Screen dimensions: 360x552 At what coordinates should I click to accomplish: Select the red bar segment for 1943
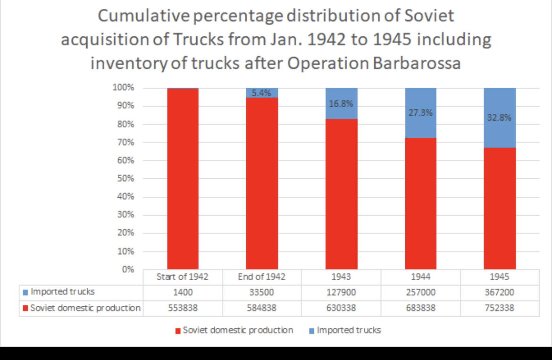[x=341, y=193]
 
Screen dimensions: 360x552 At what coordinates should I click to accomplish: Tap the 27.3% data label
[x=420, y=113]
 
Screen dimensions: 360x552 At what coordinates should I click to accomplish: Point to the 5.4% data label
[x=261, y=93]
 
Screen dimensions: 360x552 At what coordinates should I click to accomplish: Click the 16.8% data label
[x=341, y=104]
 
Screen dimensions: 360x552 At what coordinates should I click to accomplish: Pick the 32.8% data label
[x=499, y=118]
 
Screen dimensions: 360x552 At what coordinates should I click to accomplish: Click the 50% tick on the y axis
[x=125, y=179]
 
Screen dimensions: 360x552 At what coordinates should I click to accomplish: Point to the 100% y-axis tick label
[x=123, y=88]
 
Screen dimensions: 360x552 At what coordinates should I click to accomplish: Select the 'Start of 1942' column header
[x=182, y=277]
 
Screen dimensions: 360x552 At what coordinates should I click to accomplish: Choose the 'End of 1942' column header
[x=261, y=277]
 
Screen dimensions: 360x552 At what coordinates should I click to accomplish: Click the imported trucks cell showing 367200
[x=499, y=293]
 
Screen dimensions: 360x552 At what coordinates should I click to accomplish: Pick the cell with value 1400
[x=182, y=293]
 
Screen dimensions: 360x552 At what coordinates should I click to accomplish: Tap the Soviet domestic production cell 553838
[x=182, y=309]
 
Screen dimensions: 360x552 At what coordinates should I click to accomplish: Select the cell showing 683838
[x=420, y=309]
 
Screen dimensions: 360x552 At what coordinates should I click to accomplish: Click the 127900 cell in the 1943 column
[x=341, y=293]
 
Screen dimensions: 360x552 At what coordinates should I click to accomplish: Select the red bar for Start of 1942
[x=183, y=179]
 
